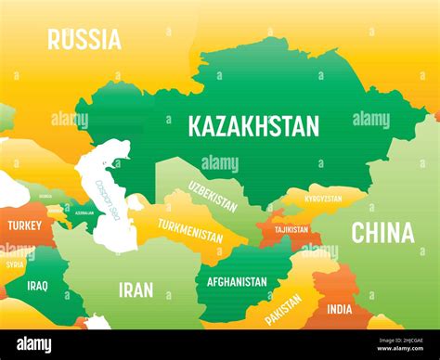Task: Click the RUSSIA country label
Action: pyautogui.click(x=84, y=39)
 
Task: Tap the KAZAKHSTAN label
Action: pyautogui.click(x=253, y=125)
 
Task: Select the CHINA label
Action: pyautogui.click(x=382, y=232)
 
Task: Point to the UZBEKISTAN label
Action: pyautogui.click(x=214, y=197)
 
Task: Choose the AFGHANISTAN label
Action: pyautogui.click(x=237, y=280)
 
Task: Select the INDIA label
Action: pyautogui.click(x=340, y=310)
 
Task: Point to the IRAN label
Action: pyautogui.click(x=136, y=289)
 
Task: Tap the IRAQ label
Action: pyautogui.click(x=37, y=286)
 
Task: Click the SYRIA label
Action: pyautogui.click(x=15, y=264)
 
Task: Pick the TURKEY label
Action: pyautogui.click(x=24, y=225)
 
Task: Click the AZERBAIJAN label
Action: pyautogui.click(x=84, y=212)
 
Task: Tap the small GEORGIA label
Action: pyautogui.click(x=45, y=197)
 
